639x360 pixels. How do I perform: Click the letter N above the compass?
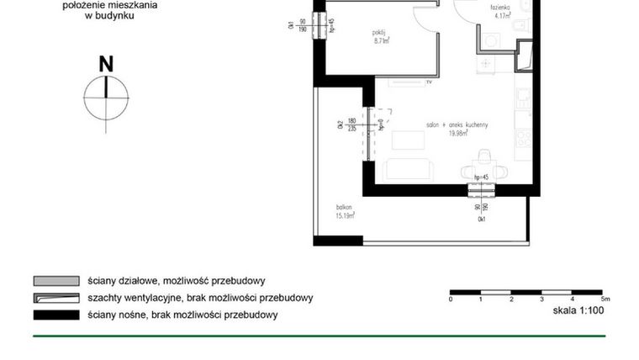point(106,64)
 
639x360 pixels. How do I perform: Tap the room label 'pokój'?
point(378,32)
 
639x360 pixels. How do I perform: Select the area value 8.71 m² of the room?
point(380,40)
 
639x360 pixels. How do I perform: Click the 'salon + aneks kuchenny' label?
point(457,124)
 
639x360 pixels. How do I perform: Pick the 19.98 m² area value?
point(458,133)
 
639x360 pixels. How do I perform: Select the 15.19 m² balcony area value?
point(346,215)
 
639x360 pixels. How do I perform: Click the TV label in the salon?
point(428,84)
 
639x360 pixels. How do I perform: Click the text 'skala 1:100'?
point(578,310)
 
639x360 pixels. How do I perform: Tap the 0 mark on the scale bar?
point(451,299)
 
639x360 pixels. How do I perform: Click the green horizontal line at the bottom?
point(319,336)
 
